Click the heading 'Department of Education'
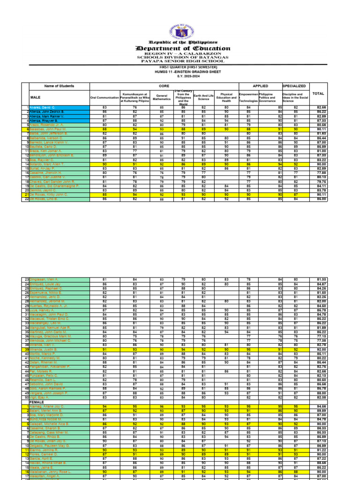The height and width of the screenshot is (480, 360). click(183, 48)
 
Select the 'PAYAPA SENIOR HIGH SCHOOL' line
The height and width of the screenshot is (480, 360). click(183, 61)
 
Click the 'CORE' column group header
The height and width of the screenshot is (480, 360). click(164, 86)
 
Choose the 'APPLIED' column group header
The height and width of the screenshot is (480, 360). click(260, 86)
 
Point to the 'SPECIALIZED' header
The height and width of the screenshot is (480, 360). click(294, 86)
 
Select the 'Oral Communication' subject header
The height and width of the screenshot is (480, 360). click(104, 97)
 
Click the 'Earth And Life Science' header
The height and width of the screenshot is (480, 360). click(203, 97)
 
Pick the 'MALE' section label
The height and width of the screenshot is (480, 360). click(35, 97)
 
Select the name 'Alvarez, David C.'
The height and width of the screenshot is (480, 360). click(44, 107)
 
